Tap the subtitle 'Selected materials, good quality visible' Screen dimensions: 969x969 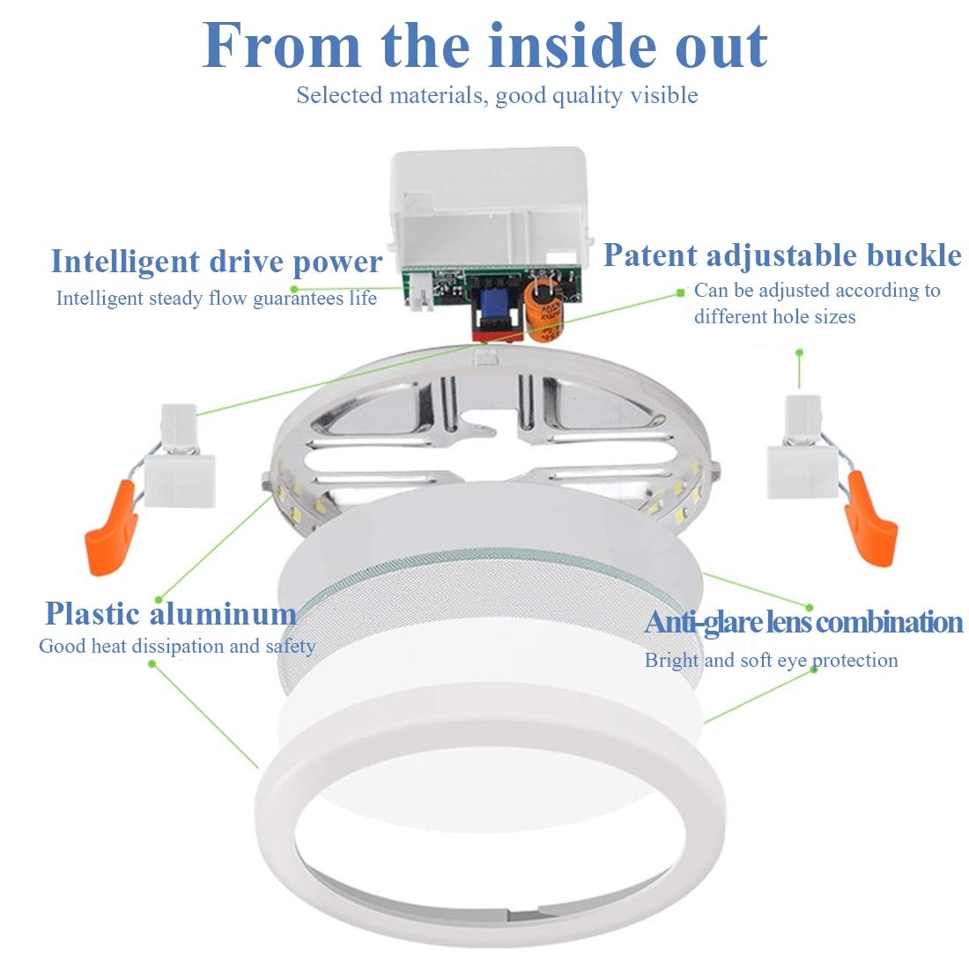pyautogui.click(x=497, y=95)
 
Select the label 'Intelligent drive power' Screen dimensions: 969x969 pyautogui.click(x=217, y=262)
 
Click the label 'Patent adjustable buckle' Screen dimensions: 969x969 pyautogui.click(x=782, y=255)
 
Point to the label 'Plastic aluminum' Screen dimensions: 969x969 pyautogui.click(x=171, y=613)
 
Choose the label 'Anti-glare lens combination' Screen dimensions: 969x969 pyautogui.click(x=803, y=622)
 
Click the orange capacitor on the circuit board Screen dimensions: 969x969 pyautogui.click(x=544, y=309)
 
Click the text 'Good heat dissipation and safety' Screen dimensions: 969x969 pyautogui.click(x=177, y=647)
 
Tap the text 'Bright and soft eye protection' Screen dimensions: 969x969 pyautogui.click(x=771, y=661)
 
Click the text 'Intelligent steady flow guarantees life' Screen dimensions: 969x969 pyautogui.click(x=217, y=299)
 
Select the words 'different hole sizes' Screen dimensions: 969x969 pyautogui.click(x=774, y=317)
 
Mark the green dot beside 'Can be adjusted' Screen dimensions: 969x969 pyautogui.click(x=680, y=291)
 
